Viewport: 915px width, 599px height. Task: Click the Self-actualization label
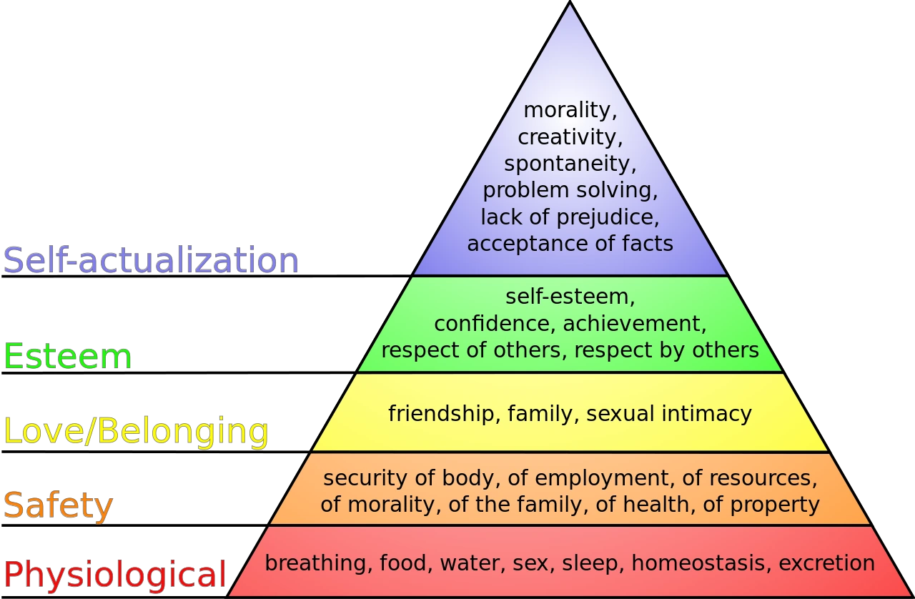tap(150, 261)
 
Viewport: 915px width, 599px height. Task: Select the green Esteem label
tap(69, 357)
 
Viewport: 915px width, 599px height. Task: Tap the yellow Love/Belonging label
tap(137, 432)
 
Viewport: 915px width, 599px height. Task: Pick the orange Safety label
tap(59, 505)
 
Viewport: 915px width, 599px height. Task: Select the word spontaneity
tap(570, 164)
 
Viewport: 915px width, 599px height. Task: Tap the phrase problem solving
tap(570, 190)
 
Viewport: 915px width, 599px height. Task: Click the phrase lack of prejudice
tap(570, 217)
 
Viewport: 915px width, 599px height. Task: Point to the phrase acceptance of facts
tap(570, 244)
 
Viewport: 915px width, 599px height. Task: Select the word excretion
tap(826, 563)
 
